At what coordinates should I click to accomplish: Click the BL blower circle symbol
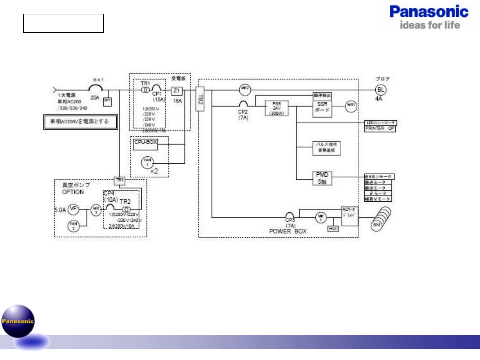click(x=380, y=89)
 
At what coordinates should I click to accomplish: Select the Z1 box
click(x=176, y=91)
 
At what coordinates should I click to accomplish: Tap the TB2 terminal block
click(x=200, y=99)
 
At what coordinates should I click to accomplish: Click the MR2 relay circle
click(x=245, y=89)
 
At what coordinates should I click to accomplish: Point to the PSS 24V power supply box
click(x=276, y=108)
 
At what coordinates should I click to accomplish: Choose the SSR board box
click(x=322, y=108)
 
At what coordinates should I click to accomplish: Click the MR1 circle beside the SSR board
click(x=351, y=106)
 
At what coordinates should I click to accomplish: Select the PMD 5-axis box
click(x=322, y=178)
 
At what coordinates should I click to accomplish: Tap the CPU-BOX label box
click(x=145, y=144)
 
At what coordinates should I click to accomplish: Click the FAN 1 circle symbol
click(x=147, y=162)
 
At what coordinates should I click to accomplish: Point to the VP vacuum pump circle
click(x=73, y=209)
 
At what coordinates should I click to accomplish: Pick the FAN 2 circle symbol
click(x=74, y=226)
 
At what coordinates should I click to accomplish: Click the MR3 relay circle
click(x=96, y=210)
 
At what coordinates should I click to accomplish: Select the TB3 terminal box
click(x=119, y=180)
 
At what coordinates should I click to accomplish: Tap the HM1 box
click(x=333, y=228)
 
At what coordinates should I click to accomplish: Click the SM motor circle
click(x=377, y=225)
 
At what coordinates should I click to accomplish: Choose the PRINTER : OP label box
click(x=380, y=129)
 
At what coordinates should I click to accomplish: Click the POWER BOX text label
click(x=288, y=231)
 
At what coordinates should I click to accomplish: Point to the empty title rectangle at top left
click(x=64, y=23)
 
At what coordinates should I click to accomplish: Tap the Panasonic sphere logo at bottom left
click(x=18, y=321)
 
